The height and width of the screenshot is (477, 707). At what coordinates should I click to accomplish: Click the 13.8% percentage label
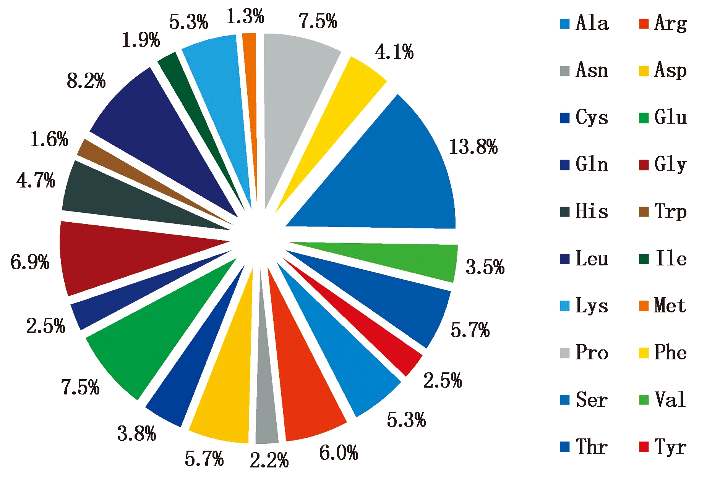click(473, 147)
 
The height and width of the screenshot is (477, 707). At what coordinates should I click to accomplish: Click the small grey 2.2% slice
click(266, 401)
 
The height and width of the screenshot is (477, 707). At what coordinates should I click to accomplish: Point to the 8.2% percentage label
click(86, 81)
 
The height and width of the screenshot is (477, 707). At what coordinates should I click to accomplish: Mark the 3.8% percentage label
click(136, 434)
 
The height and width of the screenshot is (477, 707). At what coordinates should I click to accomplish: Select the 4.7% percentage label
click(36, 180)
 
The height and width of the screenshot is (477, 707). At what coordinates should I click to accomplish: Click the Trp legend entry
click(663, 211)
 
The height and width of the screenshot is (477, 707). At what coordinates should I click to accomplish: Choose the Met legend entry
click(663, 306)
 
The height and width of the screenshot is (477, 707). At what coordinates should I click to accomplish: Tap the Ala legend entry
click(584, 23)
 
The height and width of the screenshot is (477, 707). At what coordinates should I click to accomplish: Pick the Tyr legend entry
click(663, 446)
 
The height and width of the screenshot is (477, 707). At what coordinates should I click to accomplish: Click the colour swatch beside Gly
click(644, 165)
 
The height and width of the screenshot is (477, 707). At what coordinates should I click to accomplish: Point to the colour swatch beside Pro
click(565, 352)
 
